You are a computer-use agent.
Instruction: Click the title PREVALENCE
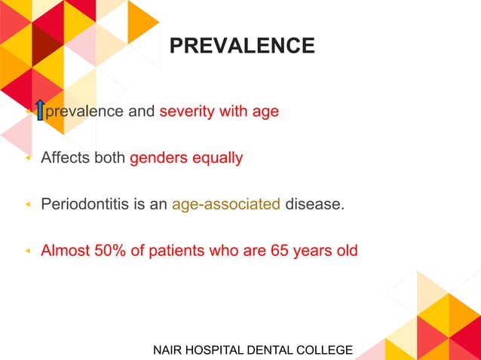coord(242,46)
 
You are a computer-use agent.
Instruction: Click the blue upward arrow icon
coord(39,111)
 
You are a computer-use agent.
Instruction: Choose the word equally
coord(219,158)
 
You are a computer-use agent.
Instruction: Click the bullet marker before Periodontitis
coord(29,205)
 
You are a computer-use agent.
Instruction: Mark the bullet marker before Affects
coord(29,159)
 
